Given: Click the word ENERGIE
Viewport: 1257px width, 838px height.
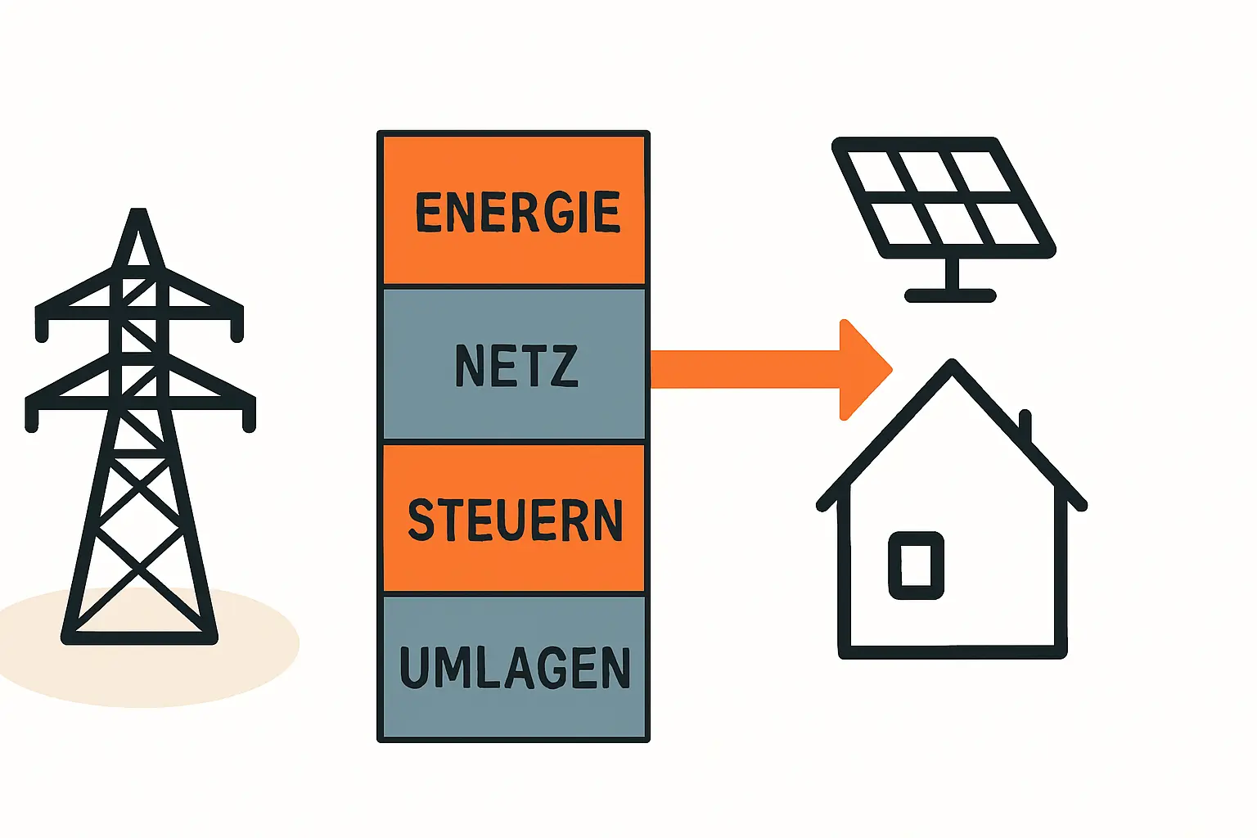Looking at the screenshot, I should pyautogui.click(x=517, y=212).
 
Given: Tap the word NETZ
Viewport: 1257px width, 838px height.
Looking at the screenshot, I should pyautogui.click(x=516, y=366).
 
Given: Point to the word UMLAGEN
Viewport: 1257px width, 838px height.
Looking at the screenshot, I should pyautogui.click(x=515, y=667).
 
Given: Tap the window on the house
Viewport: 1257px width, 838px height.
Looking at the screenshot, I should pyautogui.click(x=917, y=565).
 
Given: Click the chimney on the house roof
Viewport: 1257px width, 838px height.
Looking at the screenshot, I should pyautogui.click(x=1025, y=427).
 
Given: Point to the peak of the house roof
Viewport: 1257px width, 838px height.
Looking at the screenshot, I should pyautogui.click(x=952, y=365).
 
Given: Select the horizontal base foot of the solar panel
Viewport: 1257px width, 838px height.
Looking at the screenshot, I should pyautogui.click(x=950, y=295).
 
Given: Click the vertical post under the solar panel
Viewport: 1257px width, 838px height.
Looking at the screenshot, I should pyautogui.click(x=951, y=273).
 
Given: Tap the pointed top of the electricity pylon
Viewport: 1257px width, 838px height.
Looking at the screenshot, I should pyautogui.click(x=139, y=214).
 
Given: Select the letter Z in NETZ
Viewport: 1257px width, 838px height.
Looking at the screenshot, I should pyautogui.click(x=565, y=366).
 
